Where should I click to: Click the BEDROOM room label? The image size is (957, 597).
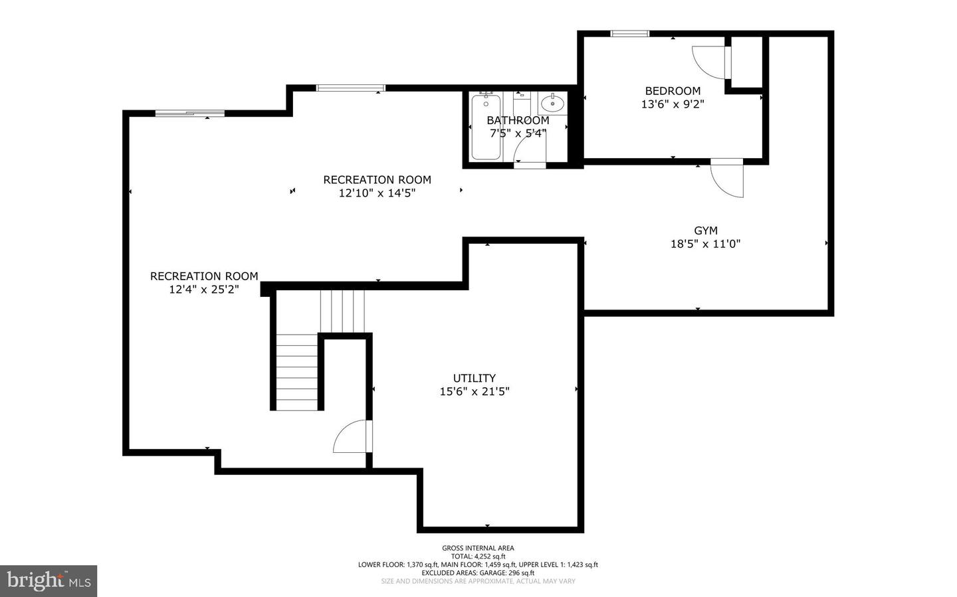tap(673, 91)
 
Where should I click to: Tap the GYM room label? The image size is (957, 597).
tap(706, 230)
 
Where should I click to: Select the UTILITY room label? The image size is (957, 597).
tap(475, 378)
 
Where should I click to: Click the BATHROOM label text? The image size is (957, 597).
tap(518, 120)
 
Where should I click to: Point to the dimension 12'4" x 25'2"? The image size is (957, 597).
tap(204, 290)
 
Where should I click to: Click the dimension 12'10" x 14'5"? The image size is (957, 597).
tap(377, 193)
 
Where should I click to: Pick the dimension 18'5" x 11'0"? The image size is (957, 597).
tap(705, 244)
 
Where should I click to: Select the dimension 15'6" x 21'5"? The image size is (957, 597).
tap(475, 392)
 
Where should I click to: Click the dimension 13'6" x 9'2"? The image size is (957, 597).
tap(673, 104)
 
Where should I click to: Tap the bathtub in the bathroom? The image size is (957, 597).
tap(486, 128)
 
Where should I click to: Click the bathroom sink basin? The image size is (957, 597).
tap(552, 104)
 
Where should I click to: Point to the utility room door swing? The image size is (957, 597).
tap(350, 436)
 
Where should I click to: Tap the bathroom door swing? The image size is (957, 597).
tap(530, 153)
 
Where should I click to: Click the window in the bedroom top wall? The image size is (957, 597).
tap(630, 33)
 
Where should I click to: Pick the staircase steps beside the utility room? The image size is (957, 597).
tap(297, 372)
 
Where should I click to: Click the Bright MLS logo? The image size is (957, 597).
tap(49, 581)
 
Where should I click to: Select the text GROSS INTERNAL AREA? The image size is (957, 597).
tap(478, 548)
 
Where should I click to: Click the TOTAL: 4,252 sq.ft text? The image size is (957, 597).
tap(478, 556)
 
